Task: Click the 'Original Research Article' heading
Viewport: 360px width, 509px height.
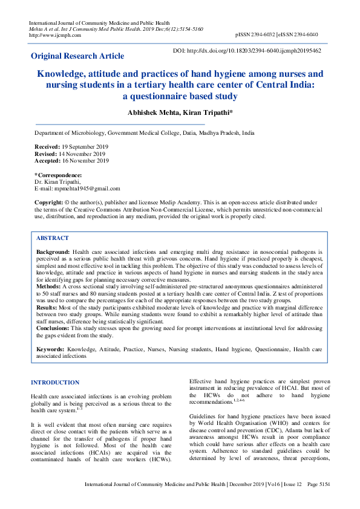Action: pyautogui.click(x=77, y=56)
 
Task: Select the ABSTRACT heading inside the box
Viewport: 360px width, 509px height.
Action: pyautogui.click(x=53, y=238)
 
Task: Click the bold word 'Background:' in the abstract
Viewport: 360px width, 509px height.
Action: pyautogui.click(x=53, y=251)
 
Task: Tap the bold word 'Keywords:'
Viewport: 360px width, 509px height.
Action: pyautogui.click(x=50, y=350)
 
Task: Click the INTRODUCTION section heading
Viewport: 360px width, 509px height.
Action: pyautogui.click(x=55, y=382)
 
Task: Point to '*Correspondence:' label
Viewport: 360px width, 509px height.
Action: pyautogui.click(x=58, y=175)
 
